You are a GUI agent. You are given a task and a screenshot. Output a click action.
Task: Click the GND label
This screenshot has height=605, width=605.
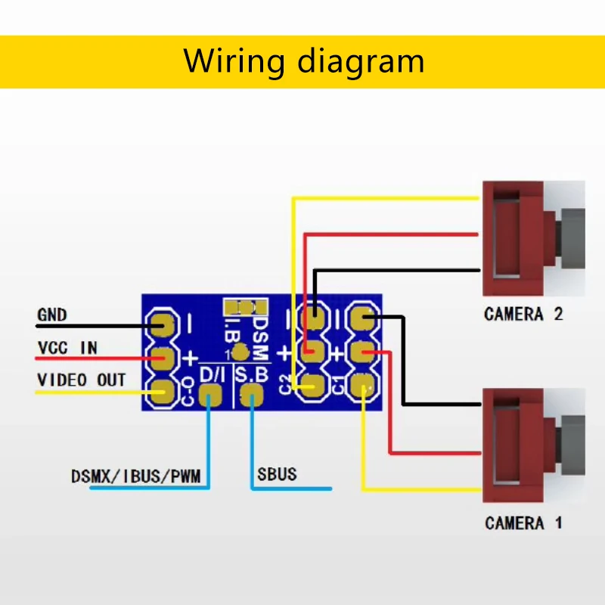(x=52, y=314)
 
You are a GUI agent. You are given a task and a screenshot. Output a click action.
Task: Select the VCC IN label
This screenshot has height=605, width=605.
(x=67, y=348)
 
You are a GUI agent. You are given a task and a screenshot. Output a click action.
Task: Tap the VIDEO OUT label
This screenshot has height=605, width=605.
(x=81, y=380)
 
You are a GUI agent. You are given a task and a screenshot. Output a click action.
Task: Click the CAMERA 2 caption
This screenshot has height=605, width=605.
(x=523, y=314)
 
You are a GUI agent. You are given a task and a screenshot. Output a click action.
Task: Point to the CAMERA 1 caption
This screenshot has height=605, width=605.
(x=523, y=523)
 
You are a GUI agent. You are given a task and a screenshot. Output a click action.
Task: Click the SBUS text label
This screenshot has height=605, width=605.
(x=276, y=474)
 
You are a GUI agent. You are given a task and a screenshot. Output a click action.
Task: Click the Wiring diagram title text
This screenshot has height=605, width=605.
(x=302, y=60)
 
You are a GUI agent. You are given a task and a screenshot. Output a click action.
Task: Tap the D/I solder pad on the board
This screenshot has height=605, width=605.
(x=209, y=394)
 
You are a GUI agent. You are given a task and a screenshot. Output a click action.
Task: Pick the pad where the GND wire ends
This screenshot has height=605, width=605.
(x=161, y=325)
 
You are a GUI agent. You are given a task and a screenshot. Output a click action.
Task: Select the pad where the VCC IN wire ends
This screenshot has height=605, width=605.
(x=161, y=357)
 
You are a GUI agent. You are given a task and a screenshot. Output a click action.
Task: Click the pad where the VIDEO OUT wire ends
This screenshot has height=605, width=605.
(x=161, y=391)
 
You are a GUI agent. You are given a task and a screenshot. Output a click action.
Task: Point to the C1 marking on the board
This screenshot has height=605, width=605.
(x=337, y=384)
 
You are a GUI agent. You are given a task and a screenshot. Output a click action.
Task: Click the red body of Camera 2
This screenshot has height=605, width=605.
(x=514, y=238)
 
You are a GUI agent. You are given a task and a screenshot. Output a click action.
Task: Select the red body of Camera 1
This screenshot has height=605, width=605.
(x=514, y=446)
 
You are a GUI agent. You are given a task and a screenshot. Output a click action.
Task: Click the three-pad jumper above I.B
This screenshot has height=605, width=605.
(x=245, y=307)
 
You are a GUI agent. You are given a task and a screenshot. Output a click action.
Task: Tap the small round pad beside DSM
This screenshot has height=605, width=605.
(x=240, y=352)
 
